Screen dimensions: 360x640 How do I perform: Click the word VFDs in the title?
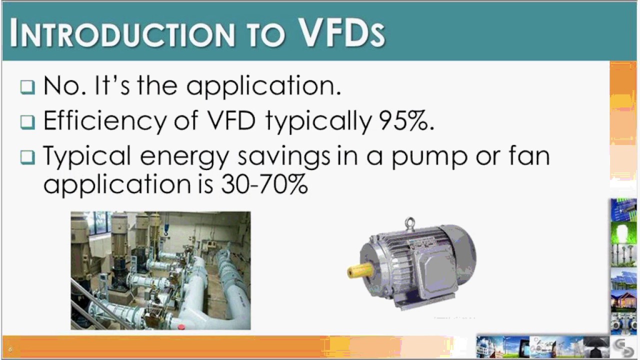pos(342,32)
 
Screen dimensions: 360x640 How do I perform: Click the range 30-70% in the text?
pos(264,184)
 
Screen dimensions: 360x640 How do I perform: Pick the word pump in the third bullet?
pos(428,156)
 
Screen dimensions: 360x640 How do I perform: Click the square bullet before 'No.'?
pos(28,87)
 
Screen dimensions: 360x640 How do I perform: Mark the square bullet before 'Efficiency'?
pos(28,122)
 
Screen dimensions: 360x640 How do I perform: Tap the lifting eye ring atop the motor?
pos(410,223)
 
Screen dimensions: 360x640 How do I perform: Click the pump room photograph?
pos(160,270)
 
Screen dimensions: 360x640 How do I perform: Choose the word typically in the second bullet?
pos(318,121)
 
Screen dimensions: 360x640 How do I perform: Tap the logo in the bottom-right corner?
pos(623,347)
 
